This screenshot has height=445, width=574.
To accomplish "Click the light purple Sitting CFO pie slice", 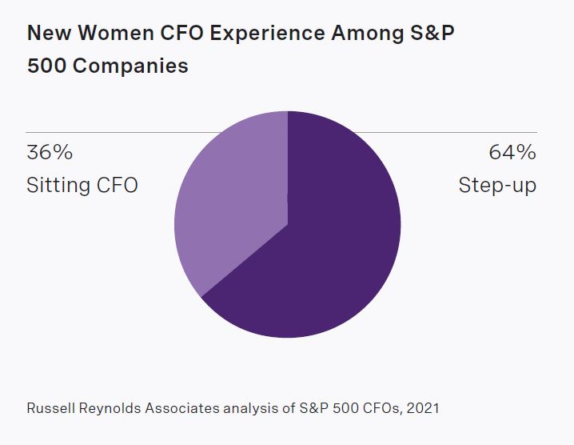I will [232, 200].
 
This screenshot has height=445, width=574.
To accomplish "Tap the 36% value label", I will [50, 153].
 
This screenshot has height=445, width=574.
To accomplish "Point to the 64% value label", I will [512, 153].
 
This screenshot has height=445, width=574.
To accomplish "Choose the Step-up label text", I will [497, 186].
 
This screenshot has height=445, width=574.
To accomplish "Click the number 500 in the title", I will [43, 66].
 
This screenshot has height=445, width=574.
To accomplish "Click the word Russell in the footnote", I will [50, 408].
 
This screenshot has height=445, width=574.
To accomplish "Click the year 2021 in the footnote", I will [422, 408].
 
